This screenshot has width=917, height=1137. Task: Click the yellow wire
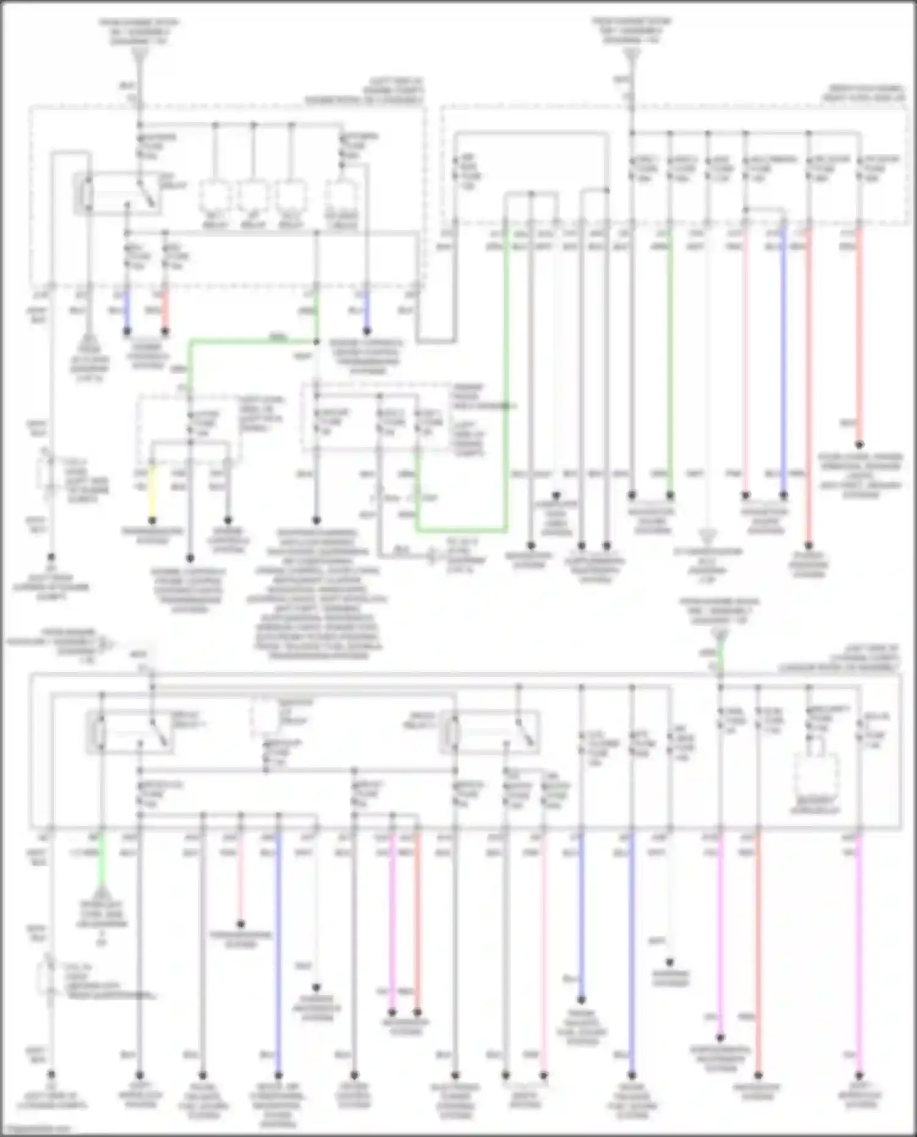click(152, 492)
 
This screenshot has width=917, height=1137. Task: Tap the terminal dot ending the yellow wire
click(152, 521)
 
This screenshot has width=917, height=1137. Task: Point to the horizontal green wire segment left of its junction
click(251, 341)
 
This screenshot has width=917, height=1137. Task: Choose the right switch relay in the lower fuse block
click(489, 731)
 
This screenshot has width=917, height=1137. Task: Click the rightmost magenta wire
click(859, 953)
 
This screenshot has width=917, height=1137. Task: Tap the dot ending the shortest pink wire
click(241, 924)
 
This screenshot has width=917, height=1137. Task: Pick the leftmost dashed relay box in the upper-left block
click(215, 197)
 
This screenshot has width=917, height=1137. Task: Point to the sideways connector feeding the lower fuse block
click(107, 643)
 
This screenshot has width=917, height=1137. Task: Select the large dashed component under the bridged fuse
click(816, 775)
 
